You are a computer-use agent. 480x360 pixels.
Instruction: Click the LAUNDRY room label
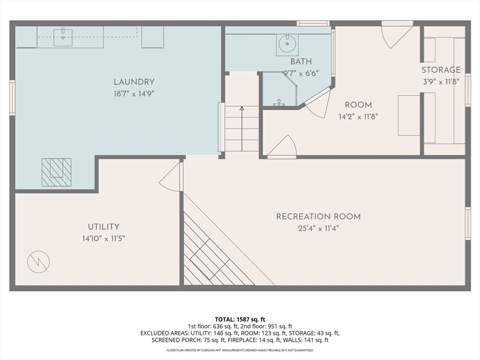tap(134, 82)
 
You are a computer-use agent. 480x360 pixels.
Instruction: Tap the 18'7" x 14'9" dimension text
tap(134, 93)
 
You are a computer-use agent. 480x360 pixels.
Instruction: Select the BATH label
tap(300, 61)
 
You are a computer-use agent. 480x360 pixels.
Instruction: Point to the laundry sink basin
tap(62, 37)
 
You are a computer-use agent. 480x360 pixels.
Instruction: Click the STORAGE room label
tap(441, 70)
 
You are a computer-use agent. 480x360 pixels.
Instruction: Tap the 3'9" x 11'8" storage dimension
tap(441, 81)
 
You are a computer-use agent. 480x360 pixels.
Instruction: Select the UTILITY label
tap(104, 227)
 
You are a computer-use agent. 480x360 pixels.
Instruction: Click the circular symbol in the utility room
tap(38, 262)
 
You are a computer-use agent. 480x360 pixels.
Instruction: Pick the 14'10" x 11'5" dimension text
tap(104, 238)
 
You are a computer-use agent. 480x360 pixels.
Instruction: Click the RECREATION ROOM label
tap(318, 217)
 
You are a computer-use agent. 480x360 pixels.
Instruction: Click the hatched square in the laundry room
tap(56, 172)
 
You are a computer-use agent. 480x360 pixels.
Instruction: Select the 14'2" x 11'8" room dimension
tap(358, 116)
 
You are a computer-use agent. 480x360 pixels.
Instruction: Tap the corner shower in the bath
tap(279, 90)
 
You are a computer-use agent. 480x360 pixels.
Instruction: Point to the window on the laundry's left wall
tap(12, 97)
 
